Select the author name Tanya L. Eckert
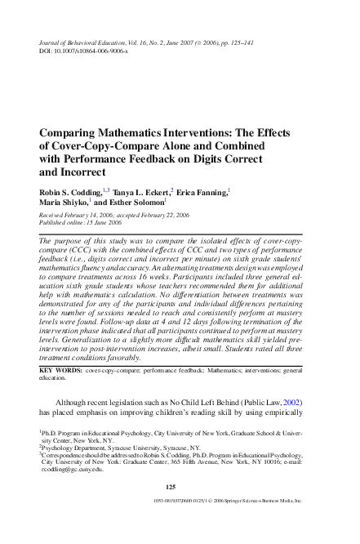(x=139, y=191)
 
